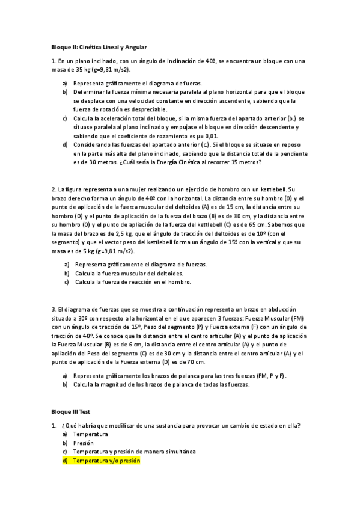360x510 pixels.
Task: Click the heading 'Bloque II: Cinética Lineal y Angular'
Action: tap(99, 46)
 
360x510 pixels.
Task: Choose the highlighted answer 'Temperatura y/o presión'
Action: tap(106, 461)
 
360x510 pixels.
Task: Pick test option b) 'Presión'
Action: tap(84, 443)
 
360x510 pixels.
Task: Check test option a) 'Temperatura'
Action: tap(90, 434)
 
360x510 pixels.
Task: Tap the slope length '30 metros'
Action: tap(99, 162)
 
